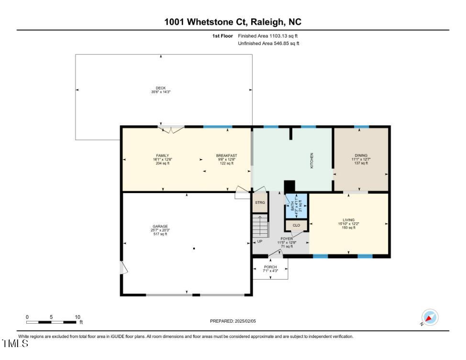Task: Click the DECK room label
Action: coord(161,88)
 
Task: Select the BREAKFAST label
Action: coord(226,156)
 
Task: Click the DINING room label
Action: coord(361,156)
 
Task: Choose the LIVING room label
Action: coord(349,220)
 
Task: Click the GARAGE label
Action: coord(160,227)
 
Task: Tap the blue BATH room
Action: coord(296,207)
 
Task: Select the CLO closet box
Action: coord(296,225)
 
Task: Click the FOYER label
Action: coord(287,239)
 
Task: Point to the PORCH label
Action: coord(270,267)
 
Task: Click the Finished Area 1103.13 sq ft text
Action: coord(270,36)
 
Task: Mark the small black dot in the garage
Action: coord(194,249)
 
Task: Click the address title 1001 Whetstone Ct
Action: coord(233,22)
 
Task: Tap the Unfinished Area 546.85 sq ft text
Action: coord(268,44)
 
